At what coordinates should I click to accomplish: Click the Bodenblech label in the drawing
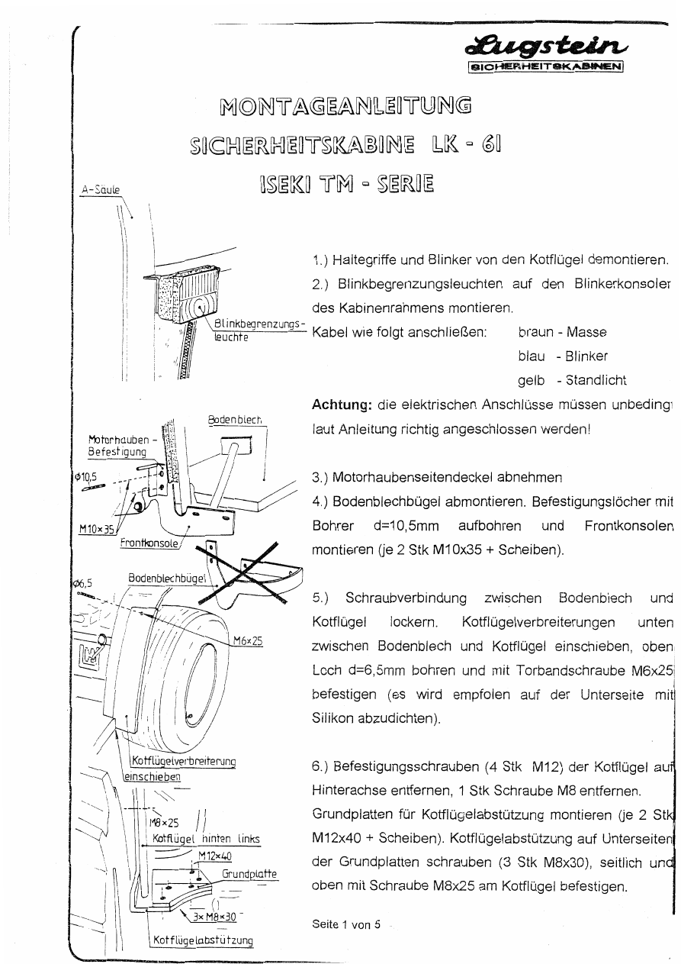click(235, 420)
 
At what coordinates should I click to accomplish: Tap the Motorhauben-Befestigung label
click(120, 446)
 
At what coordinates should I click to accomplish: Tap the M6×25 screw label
click(247, 641)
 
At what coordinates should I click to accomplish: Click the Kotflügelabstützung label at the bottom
click(201, 940)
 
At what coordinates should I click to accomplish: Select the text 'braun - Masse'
click(562, 333)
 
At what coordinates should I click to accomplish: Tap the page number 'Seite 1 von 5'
click(346, 924)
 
